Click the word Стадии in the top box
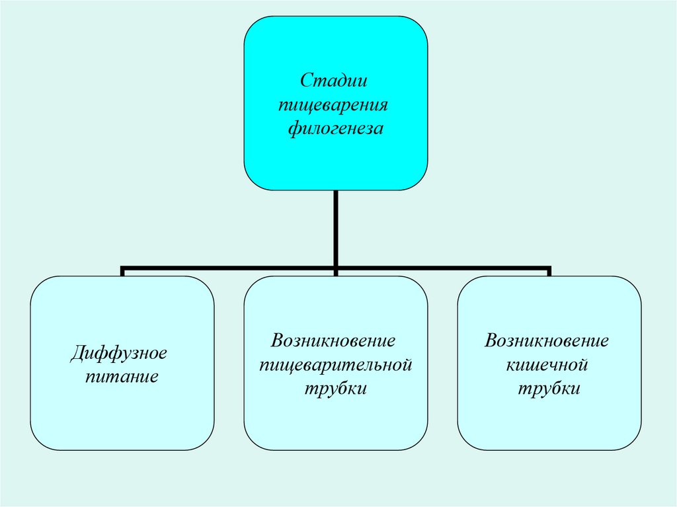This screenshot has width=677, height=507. (x=334, y=81)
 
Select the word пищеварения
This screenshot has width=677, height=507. (x=334, y=104)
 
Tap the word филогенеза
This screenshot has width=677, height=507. (x=335, y=128)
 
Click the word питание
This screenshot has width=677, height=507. (x=122, y=378)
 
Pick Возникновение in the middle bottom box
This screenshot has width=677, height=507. (x=334, y=342)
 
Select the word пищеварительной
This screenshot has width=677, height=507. (x=335, y=365)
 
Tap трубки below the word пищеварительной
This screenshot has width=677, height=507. (x=335, y=389)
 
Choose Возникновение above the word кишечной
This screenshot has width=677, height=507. (x=547, y=342)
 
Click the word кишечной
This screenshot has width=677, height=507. (x=547, y=365)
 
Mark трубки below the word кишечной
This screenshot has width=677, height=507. (x=549, y=389)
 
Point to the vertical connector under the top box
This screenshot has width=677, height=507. (x=336, y=228)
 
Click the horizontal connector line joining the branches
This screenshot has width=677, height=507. (x=231, y=269)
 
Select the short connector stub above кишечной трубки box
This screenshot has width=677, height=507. (x=549, y=272)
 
